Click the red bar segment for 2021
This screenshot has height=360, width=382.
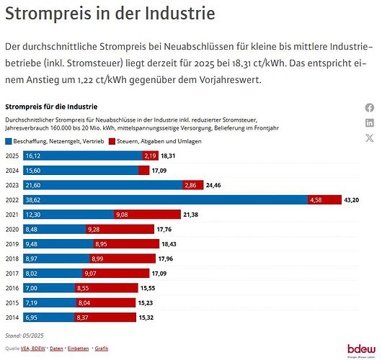click(x=146, y=214)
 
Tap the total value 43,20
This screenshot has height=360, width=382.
click(x=351, y=199)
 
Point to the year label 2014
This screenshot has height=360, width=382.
click(x=12, y=317)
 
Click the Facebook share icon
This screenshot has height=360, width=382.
click(x=370, y=107)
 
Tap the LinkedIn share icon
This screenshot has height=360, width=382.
click(x=370, y=122)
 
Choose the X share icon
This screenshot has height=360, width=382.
click(x=370, y=138)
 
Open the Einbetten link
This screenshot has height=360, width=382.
click(x=77, y=348)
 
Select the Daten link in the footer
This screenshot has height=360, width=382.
click(x=55, y=348)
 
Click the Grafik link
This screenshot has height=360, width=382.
click(x=102, y=348)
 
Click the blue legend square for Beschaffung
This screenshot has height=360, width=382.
click(x=9, y=141)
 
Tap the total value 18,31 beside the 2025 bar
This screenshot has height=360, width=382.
click(x=168, y=156)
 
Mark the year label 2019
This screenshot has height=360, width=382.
click(x=12, y=243)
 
